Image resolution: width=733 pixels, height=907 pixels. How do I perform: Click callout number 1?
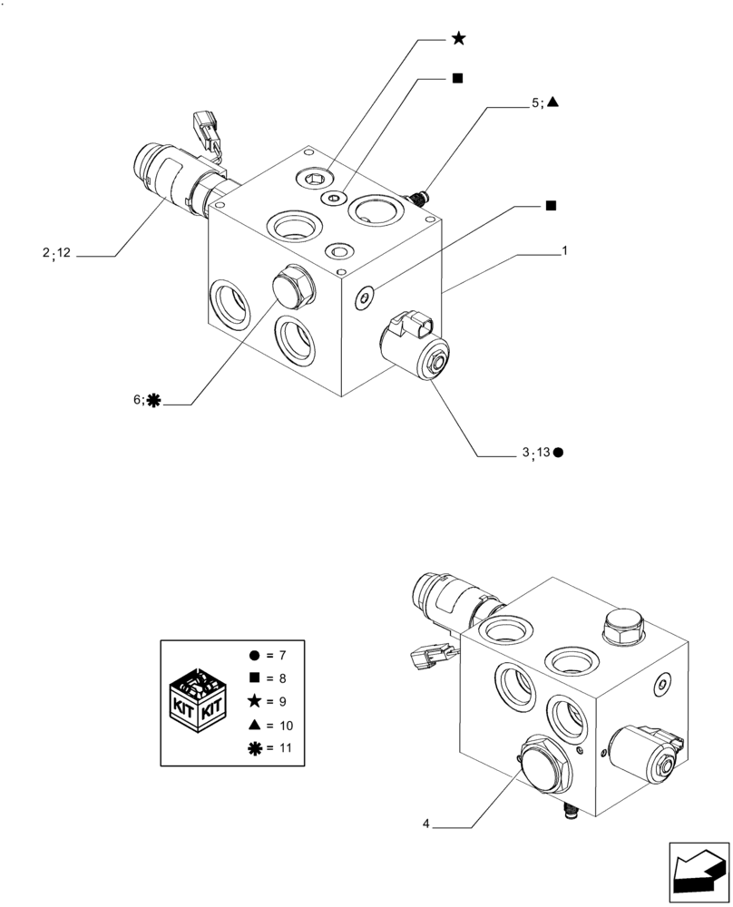pos(564,249)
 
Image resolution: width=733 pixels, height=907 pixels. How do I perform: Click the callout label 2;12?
pos(55,253)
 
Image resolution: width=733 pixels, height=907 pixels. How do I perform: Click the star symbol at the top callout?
pos(459,38)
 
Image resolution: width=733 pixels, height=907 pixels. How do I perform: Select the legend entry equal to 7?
pos(272,654)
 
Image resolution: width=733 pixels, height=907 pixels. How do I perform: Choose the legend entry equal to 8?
pos(272,678)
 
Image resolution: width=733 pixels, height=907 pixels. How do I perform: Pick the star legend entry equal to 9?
pos(272,701)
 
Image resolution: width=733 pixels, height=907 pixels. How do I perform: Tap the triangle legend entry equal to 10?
pos(272,726)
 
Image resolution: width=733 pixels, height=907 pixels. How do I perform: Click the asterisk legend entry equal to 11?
pos(272,749)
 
